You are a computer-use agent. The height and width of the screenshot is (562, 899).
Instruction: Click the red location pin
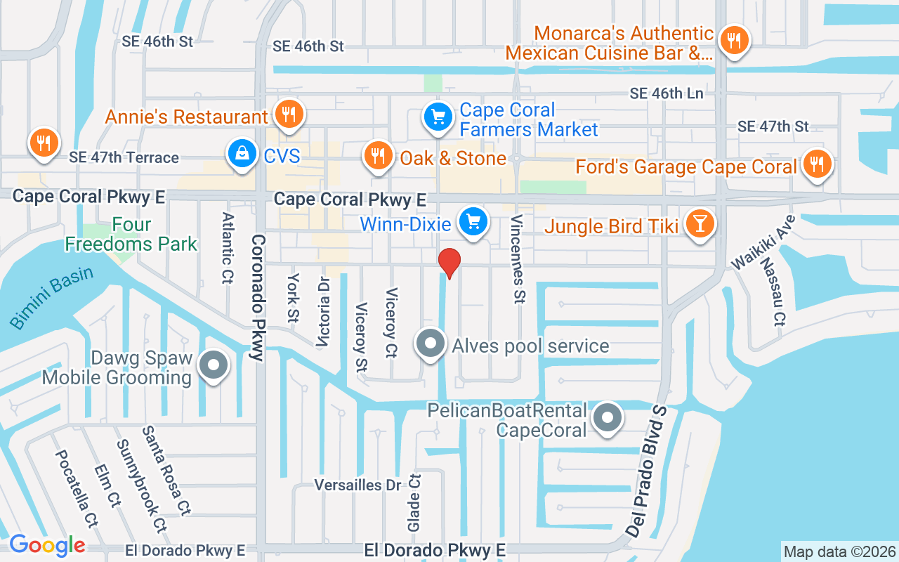pyautogui.click(x=449, y=263)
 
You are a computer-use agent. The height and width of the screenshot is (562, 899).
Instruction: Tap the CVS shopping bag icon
pyautogui.click(x=242, y=155)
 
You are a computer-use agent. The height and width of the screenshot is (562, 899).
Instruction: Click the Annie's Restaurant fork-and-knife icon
pyautogui.click(x=288, y=114)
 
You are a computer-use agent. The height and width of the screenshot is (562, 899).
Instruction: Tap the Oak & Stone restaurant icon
pyautogui.click(x=379, y=156)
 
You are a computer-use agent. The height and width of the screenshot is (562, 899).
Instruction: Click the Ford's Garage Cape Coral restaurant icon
pyautogui.click(x=816, y=165)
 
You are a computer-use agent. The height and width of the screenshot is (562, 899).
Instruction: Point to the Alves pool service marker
pyautogui.click(x=431, y=345)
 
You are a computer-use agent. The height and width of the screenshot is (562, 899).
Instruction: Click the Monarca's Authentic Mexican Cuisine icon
pyautogui.click(x=734, y=40)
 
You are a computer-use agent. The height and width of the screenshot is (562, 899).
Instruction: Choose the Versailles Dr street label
pyautogui.click(x=357, y=485)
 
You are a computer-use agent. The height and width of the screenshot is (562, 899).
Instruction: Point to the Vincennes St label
pyautogui.click(x=518, y=259)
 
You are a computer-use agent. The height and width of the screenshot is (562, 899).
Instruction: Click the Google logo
pyautogui.click(x=47, y=544)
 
